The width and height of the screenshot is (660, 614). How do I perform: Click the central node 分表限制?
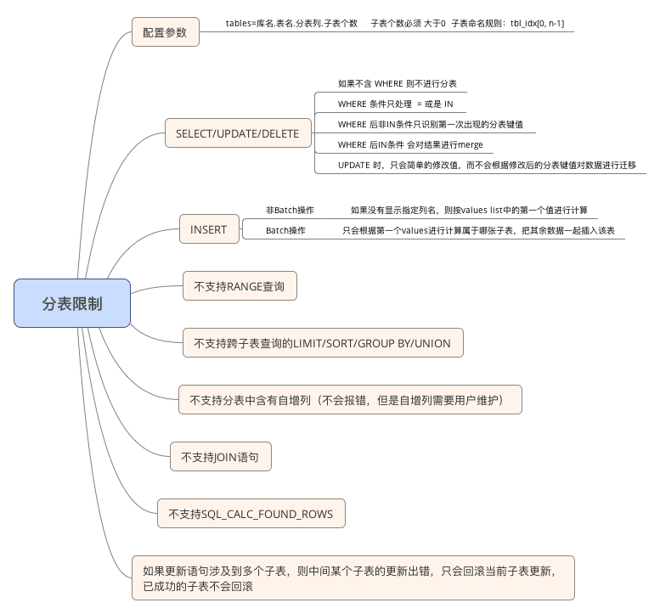[72, 303]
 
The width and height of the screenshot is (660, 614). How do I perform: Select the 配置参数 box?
[166, 32]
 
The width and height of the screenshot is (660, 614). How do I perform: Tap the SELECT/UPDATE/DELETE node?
[238, 133]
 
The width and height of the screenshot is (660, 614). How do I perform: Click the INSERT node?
[209, 229]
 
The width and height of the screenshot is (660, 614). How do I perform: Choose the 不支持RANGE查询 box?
[240, 286]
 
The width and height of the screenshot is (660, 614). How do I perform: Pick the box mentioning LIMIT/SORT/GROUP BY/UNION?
[323, 343]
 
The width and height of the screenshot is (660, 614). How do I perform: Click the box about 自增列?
[350, 400]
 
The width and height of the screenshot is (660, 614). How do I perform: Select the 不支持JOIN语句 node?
[221, 457]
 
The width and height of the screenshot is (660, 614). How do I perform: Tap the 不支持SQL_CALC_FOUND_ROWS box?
[251, 514]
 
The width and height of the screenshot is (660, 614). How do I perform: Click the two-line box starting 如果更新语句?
[353, 577]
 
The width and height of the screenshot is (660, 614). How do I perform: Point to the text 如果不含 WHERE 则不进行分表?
[398, 84]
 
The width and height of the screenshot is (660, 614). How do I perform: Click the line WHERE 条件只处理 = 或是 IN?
[395, 104]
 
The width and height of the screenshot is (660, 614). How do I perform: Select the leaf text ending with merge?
[410, 144]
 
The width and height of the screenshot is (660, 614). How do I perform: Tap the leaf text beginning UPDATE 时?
[487, 165]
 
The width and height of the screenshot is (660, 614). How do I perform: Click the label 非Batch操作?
[290, 210]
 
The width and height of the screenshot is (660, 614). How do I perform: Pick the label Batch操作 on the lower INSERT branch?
[285, 231]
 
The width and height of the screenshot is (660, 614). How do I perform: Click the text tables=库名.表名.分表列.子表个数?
[291, 24]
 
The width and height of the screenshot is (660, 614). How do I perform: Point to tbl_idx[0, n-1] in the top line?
[537, 24]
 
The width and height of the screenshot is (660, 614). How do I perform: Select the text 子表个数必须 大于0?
[408, 24]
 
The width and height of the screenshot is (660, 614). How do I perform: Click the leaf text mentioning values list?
[469, 210]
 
